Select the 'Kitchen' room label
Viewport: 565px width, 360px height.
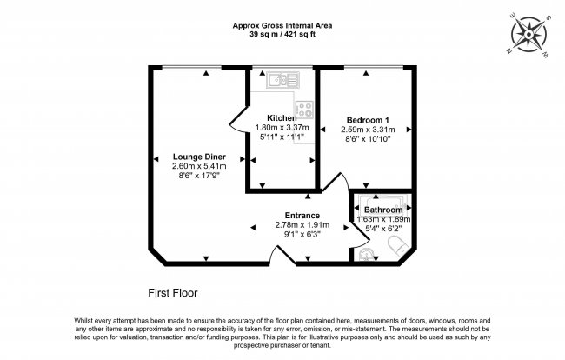coord(282,118)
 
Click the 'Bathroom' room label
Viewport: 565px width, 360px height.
coord(383,210)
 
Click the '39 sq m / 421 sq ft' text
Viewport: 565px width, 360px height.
coord(282,34)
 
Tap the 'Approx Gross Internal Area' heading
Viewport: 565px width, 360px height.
coord(282,25)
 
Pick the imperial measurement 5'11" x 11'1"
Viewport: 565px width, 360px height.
coord(282,137)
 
